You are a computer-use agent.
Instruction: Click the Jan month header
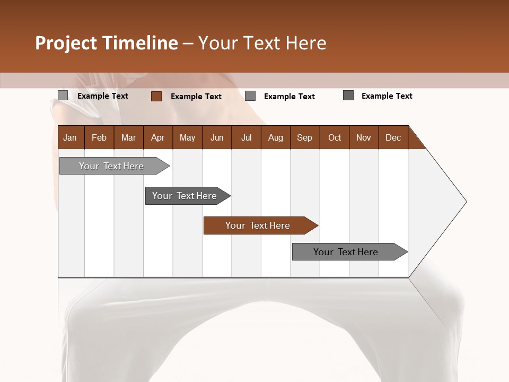point(71,137)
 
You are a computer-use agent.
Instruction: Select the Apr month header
point(158,137)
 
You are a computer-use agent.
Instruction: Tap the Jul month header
point(246,137)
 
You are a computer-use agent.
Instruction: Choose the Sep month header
point(305,137)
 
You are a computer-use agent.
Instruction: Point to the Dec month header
point(393,137)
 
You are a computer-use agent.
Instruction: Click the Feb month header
point(99,137)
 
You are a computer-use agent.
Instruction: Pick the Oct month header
point(335,137)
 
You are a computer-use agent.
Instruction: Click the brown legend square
point(156,96)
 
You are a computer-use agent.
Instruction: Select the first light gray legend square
point(63,95)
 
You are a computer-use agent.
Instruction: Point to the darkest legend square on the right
point(348,95)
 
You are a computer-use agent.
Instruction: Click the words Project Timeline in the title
point(107,43)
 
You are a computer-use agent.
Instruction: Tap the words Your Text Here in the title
point(262,43)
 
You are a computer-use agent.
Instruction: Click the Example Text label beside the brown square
point(196,97)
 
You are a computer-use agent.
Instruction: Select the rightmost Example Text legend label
point(387,96)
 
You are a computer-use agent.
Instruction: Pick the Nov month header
point(364,137)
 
